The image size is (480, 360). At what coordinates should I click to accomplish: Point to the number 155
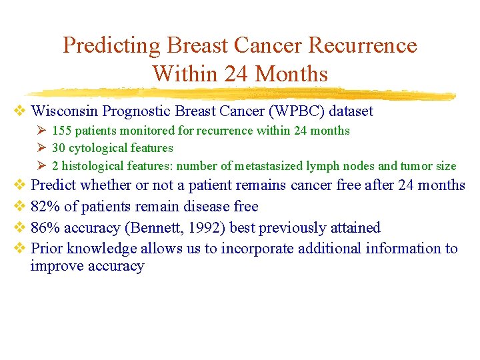[62, 131]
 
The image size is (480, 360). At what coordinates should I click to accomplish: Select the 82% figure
[44, 206]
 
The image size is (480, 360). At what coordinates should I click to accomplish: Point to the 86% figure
[44, 227]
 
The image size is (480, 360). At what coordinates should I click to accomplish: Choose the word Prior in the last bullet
[47, 249]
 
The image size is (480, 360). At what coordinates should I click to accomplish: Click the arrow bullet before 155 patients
[41, 131]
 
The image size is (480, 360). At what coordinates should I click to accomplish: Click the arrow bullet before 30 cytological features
[41, 148]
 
